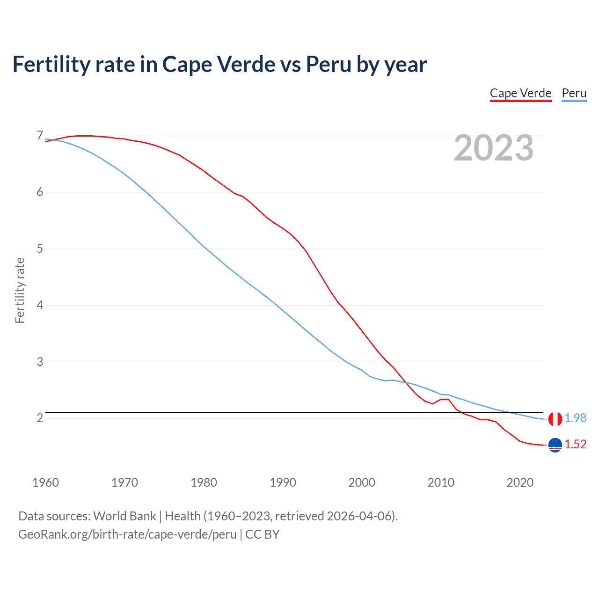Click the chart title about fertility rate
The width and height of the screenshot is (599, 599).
(x=219, y=65)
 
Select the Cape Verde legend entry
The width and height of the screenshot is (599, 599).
(x=520, y=93)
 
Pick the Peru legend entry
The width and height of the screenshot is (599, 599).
(x=574, y=93)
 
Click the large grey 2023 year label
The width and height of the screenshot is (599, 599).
(x=494, y=148)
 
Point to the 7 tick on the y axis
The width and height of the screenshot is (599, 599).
(x=40, y=136)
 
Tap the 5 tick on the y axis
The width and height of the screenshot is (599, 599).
(x=40, y=248)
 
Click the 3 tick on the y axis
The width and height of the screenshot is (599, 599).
(x=40, y=362)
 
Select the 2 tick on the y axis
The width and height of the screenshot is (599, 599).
(x=40, y=418)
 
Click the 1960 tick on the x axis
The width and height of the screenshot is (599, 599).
(x=45, y=482)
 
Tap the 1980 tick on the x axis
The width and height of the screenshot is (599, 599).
(x=204, y=482)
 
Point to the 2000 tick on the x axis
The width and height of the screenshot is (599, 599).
(x=362, y=482)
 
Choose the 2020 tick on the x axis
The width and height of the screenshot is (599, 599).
(x=520, y=482)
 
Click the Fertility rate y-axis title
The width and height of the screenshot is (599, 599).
(x=20, y=290)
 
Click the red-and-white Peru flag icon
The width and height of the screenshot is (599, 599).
(x=555, y=419)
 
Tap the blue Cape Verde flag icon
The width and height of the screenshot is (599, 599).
(x=555, y=445)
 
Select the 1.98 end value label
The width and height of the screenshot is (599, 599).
(x=575, y=418)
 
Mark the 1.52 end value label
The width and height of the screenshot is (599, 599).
(x=575, y=445)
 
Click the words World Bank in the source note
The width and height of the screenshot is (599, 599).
(x=124, y=516)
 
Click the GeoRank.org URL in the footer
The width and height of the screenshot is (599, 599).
(x=127, y=534)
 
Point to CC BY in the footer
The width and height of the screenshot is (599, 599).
(x=262, y=534)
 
